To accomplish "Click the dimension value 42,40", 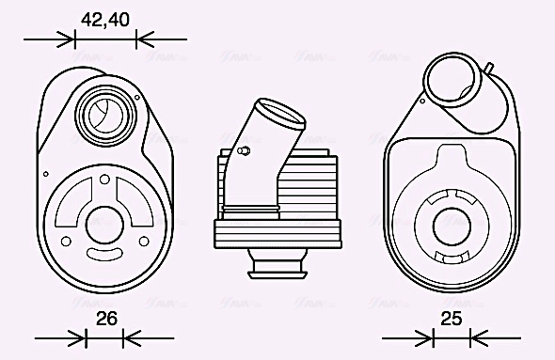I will tap(104, 19).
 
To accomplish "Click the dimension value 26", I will tap(107, 319).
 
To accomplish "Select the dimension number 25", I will tap(452, 319).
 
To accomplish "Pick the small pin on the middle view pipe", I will tap(245, 150).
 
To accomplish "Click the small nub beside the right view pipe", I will tap(490, 67).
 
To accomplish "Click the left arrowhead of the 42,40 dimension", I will tap(68, 39).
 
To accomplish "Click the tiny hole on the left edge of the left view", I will tap(45, 173).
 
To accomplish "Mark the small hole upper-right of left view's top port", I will tap(136, 94).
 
